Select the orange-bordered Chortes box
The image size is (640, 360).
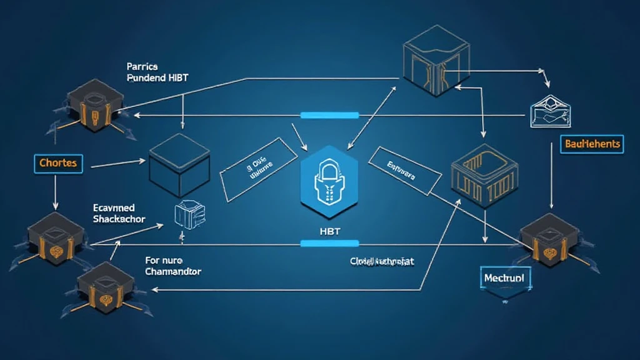(57, 163)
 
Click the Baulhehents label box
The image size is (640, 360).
(592, 144)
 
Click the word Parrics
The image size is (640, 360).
(142, 65)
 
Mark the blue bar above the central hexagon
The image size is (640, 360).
(329, 115)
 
